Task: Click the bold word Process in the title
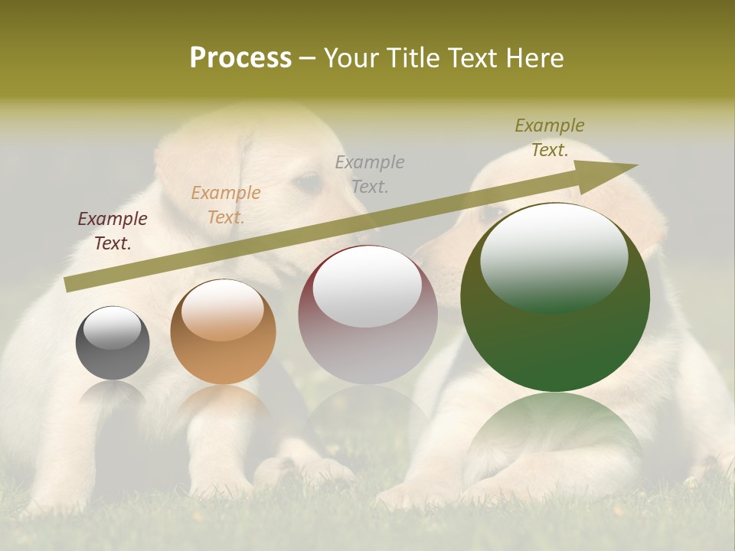240,57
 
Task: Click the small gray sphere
113,343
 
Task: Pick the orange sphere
223,332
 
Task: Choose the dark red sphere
367,315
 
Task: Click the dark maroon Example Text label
113,231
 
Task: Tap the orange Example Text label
226,205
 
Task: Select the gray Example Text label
370,174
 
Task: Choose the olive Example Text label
550,138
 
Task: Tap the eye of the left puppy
308,182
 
